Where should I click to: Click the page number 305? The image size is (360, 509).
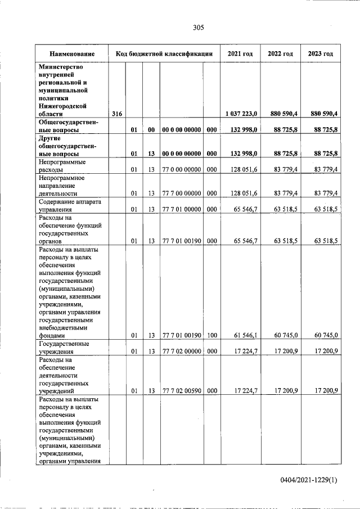[x=197, y=27]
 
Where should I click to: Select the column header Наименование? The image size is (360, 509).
[x=71, y=53]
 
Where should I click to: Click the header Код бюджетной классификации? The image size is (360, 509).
[x=164, y=53]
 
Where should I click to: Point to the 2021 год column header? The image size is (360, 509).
[x=240, y=53]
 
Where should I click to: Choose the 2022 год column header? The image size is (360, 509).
[x=280, y=53]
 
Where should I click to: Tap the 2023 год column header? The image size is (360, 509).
[x=320, y=53]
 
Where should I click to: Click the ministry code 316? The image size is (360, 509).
[x=117, y=114]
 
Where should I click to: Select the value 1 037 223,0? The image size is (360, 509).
[x=241, y=114]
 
